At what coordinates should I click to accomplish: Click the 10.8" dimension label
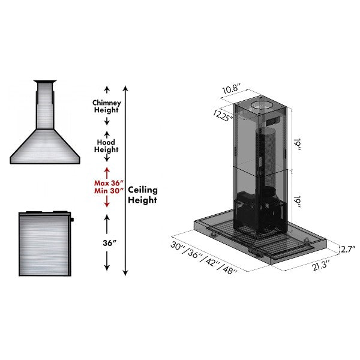point(232,88)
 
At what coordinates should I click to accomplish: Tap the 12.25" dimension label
point(223,115)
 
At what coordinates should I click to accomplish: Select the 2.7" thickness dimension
point(348,249)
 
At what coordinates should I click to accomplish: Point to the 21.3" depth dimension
point(321,265)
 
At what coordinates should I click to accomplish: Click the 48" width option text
point(230,269)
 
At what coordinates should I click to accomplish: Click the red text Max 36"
point(109,183)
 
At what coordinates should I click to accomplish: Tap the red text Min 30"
point(109,191)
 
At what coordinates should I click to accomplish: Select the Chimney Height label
point(107,106)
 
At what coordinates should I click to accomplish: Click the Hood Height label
point(106,146)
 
